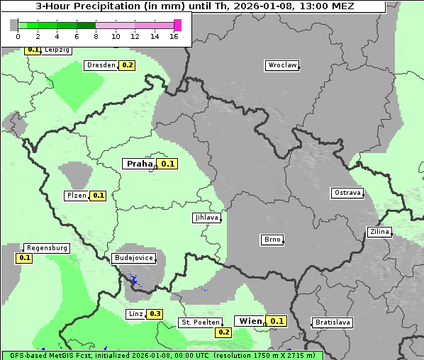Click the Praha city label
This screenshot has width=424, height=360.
tap(140, 164)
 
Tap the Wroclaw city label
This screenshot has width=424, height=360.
tap(282, 65)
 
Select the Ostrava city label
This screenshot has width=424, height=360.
tap(347, 193)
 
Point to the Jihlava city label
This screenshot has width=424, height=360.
tap(206, 218)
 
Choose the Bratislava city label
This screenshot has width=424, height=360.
tap(333, 322)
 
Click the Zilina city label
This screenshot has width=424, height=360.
tap(379, 232)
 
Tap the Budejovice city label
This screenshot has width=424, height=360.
tap(133, 258)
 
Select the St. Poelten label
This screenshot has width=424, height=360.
tap(201, 322)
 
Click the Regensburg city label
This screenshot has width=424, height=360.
tap(46, 248)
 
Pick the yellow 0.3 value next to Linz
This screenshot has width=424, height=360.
tap(155, 314)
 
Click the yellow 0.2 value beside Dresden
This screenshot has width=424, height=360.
tap(127, 65)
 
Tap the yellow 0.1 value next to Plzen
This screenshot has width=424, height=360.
tap(98, 196)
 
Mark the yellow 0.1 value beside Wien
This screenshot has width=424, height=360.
tap(277, 321)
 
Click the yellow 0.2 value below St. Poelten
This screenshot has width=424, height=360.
tap(224, 332)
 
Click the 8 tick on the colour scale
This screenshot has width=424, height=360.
tap(96, 36)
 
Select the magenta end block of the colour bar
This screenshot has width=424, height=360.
tap(177, 25)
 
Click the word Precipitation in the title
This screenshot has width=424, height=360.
tap(111, 6)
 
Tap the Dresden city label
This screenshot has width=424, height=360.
tap(101, 65)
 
